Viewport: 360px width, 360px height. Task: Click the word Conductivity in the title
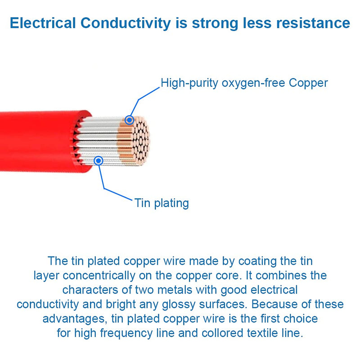click(x=126, y=23)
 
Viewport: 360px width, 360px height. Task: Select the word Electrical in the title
click(x=43, y=23)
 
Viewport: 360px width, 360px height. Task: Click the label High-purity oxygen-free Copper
click(x=244, y=83)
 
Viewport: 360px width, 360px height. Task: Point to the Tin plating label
click(x=162, y=203)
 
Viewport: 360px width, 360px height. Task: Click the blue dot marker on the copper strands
click(x=130, y=120)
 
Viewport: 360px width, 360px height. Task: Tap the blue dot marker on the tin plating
click(x=98, y=161)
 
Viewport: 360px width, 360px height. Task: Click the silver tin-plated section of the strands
click(x=99, y=140)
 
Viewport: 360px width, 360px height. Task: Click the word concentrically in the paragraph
click(x=99, y=276)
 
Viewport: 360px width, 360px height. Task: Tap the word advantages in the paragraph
click(x=75, y=319)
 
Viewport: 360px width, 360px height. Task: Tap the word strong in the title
click(x=215, y=24)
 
